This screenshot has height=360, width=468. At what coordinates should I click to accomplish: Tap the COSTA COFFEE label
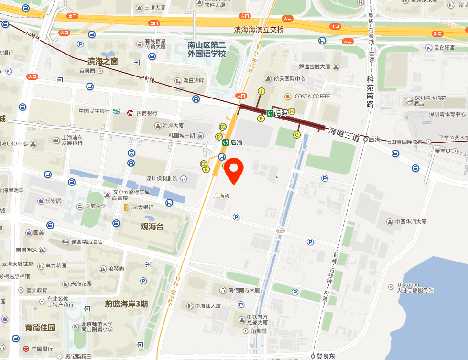tap(312, 96)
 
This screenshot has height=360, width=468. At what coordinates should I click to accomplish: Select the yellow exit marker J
tap(261, 91)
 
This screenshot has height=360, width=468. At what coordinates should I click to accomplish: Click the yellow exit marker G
tap(296, 135)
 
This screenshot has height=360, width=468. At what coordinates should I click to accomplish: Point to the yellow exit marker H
tap(292, 111)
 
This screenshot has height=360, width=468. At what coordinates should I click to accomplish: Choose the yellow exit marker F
tap(261, 118)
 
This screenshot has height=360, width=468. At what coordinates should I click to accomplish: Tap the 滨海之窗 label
tap(103, 61)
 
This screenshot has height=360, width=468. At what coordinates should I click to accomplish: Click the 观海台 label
tap(152, 227)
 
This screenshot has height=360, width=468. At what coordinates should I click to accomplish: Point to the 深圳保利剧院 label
tap(162, 179)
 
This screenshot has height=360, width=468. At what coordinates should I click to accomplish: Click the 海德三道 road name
tap(344, 134)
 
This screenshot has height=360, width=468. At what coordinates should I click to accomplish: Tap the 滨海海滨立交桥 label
tap(259, 30)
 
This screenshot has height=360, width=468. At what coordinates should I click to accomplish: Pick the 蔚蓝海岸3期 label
tap(127, 304)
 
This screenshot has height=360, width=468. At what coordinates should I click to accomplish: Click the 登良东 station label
tap(326, 356)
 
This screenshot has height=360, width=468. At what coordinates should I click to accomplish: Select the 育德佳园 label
tap(40, 327)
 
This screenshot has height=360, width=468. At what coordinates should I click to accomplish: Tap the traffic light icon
tap(280, 230)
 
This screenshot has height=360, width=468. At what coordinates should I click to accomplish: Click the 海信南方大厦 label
tap(244, 290)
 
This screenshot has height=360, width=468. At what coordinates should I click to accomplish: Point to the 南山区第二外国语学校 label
tap(207, 49)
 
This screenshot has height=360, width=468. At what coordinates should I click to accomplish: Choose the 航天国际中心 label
tap(289, 79)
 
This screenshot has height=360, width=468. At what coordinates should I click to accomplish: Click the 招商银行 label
tap(147, 113)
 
